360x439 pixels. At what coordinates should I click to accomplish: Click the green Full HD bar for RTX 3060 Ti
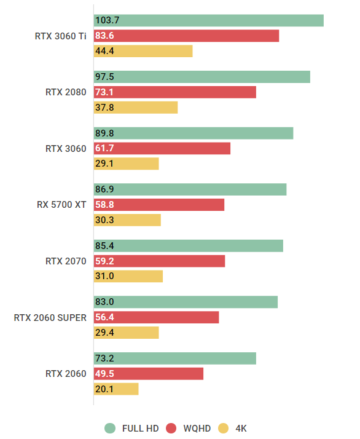pos(208,21)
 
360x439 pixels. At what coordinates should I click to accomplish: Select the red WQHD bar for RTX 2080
pos(174,92)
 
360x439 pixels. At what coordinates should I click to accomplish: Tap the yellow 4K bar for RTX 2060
pos(116,389)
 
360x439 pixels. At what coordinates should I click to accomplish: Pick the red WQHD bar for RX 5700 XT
pos(159,205)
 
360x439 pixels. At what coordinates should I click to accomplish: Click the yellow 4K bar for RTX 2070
pos(128,277)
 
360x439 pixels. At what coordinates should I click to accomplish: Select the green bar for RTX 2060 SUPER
pos(186,302)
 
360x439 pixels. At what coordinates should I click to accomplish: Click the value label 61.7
pos(104,148)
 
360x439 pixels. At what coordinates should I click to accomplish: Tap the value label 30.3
pos(104,220)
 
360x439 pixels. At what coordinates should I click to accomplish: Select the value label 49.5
pos(104,374)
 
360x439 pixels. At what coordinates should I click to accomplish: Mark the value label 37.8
pos(104,108)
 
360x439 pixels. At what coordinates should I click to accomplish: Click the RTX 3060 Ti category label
pos(61,36)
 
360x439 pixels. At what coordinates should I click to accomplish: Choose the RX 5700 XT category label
pos(61,205)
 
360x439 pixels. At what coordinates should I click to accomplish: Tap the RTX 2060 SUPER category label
pos(50,318)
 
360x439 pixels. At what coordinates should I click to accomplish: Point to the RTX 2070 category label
pos(66,261)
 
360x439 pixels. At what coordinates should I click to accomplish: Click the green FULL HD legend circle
pos(111,428)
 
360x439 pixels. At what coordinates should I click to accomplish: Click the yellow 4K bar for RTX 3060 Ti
pos(143,51)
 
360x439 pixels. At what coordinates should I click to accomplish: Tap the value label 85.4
pos(104,246)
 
